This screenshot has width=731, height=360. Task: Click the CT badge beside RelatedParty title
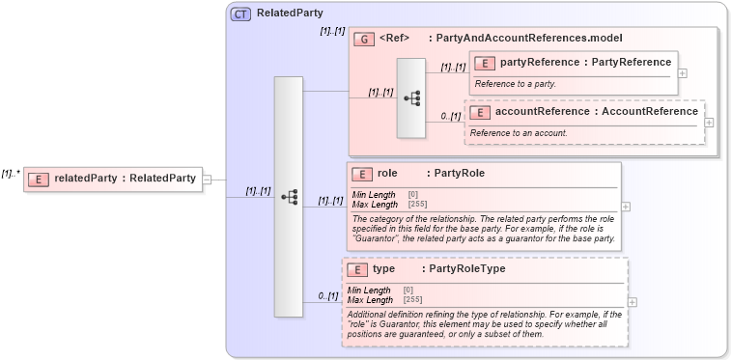pyautogui.click(x=241, y=14)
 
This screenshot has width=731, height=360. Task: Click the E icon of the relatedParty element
pyautogui.click(x=39, y=178)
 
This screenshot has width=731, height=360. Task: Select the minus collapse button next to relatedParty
pyautogui.click(x=208, y=179)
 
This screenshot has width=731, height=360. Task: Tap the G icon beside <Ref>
pyautogui.click(x=364, y=39)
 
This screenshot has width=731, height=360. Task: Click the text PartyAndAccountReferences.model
pyautogui.click(x=529, y=39)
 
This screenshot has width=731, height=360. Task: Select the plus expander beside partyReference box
pyautogui.click(x=683, y=72)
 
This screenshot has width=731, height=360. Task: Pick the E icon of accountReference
pyautogui.click(x=479, y=112)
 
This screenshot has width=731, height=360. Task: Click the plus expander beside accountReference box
pyautogui.click(x=710, y=122)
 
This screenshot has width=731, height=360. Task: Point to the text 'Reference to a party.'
pyautogui.click(x=516, y=84)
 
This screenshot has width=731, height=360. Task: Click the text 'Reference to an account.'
pyautogui.click(x=519, y=132)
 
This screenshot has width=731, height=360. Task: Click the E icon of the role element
pyautogui.click(x=363, y=174)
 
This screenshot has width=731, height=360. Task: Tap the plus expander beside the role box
pyautogui.click(x=627, y=206)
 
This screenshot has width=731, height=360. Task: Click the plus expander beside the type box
pyautogui.click(x=633, y=302)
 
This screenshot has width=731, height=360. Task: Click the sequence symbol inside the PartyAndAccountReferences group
pyautogui.click(x=411, y=98)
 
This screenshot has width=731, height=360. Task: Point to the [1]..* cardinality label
pyautogui.click(x=11, y=174)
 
